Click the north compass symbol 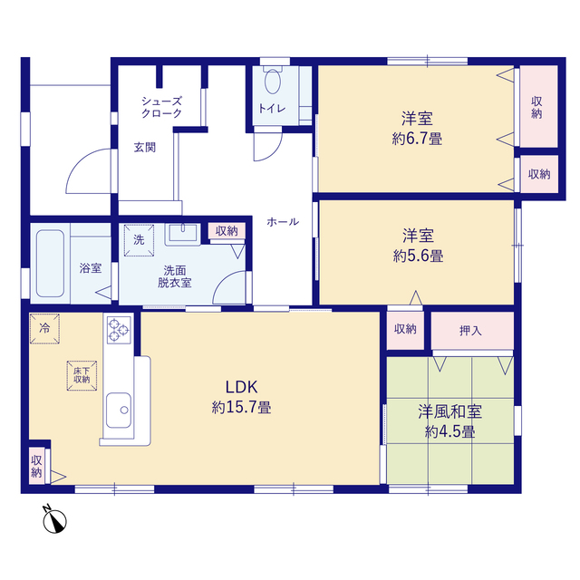click(54, 519)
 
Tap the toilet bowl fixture click(273, 79)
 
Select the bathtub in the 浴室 click(51, 264)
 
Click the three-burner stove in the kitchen click(119, 330)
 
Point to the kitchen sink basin click(119, 411)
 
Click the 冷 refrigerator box click(44, 328)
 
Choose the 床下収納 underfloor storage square click(82, 375)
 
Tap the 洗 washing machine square click(139, 240)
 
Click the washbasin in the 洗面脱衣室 click(183, 233)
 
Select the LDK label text click(242, 387)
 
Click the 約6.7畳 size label click(417, 139)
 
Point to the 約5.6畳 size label click(419, 256)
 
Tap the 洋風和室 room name click(450, 411)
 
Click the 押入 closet click(472, 330)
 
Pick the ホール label click(283, 222)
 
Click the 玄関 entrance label click(145, 147)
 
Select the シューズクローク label click(161, 107)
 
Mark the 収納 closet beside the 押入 click(405, 330)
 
